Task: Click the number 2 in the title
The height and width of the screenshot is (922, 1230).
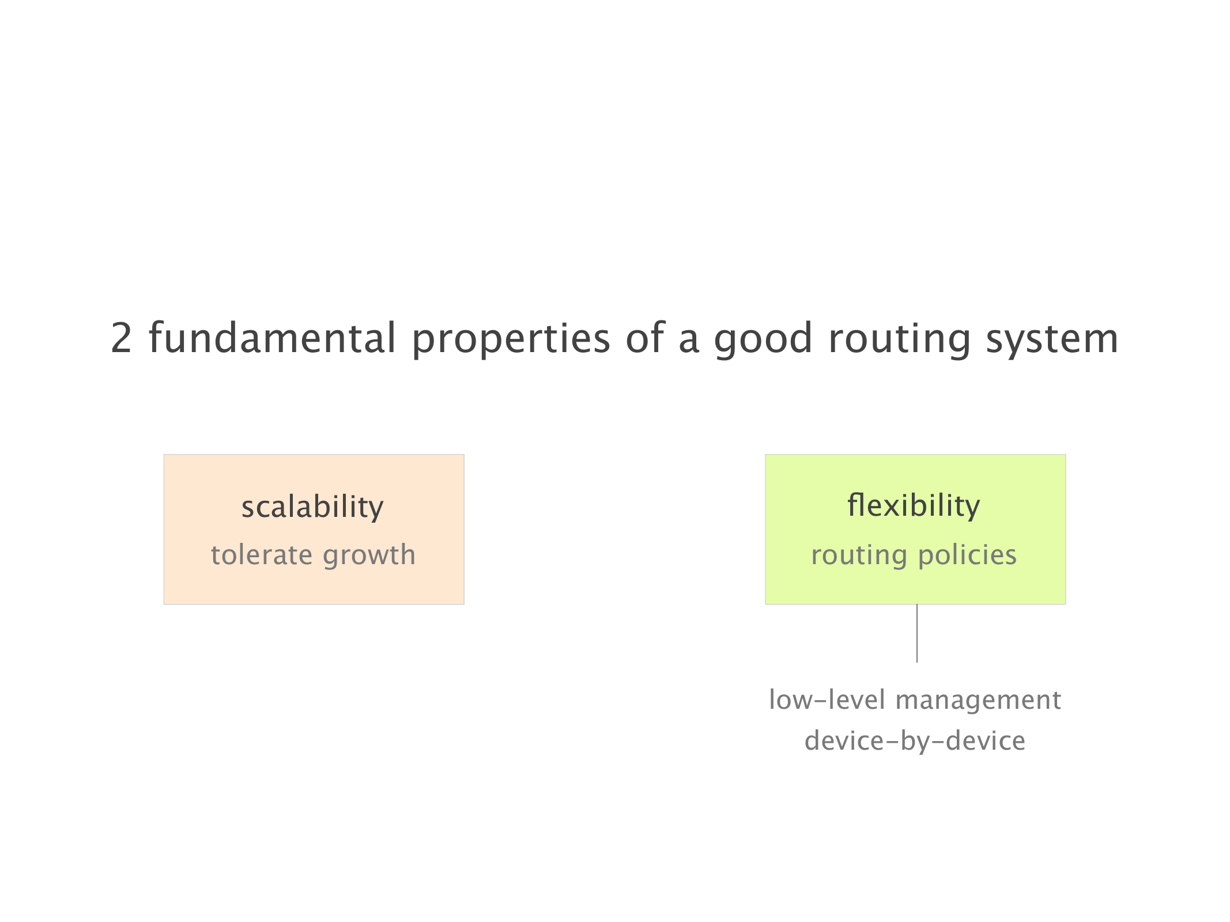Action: (122, 338)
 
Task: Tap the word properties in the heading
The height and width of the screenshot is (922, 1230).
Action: (511, 340)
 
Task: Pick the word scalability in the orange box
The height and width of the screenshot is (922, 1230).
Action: (312, 507)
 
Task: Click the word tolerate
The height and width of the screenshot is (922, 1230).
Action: (261, 555)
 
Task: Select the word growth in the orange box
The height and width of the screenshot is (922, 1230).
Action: (369, 556)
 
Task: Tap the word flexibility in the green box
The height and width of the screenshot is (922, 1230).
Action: (914, 506)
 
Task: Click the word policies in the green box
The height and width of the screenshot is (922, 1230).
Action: (967, 556)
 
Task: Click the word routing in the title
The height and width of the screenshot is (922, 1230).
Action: (900, 340)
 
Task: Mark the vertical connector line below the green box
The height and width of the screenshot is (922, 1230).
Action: (917, 633)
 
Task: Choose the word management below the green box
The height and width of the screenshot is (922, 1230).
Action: (978, 701)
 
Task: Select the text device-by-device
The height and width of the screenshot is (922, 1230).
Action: (915, 741)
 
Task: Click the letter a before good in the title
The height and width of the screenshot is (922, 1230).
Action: (689, 342)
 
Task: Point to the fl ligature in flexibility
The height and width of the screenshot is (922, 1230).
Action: (855, 505)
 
